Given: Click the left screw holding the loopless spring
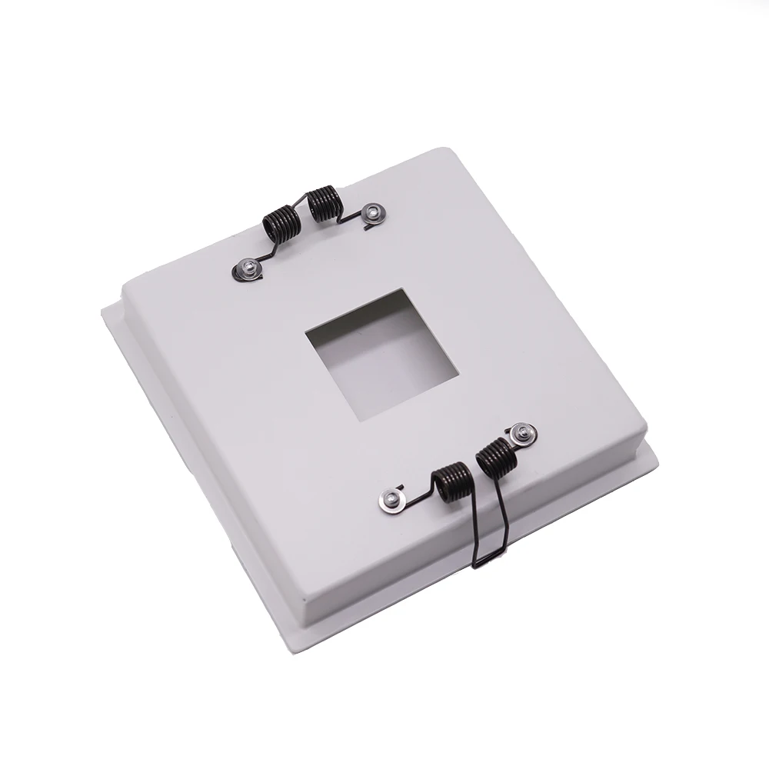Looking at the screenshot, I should click(250, 268).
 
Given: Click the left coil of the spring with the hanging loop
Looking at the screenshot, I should click(451, 483).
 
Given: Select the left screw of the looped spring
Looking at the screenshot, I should click(393, 499).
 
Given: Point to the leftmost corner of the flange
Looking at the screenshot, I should click(102, 309).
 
